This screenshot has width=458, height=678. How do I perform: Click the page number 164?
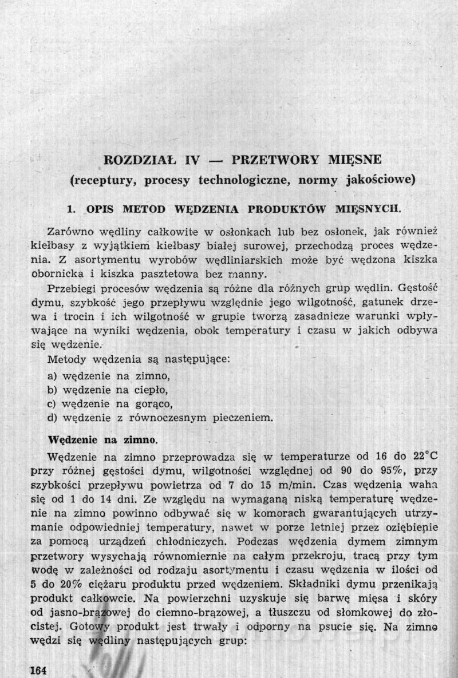coord(38,670)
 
